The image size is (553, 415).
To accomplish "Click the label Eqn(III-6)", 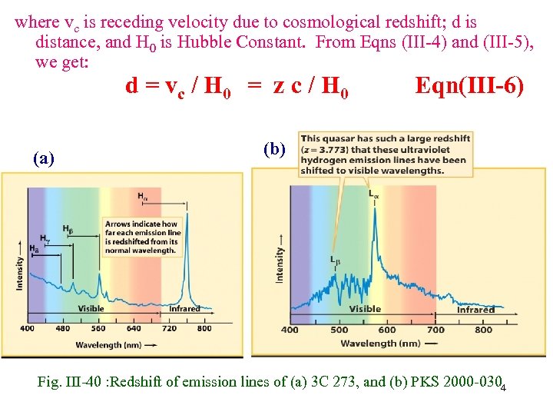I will [469, 87].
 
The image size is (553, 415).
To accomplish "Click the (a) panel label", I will [44, 159].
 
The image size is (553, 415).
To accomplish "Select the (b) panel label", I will [274, 148].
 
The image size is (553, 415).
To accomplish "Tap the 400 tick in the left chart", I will [27, 328].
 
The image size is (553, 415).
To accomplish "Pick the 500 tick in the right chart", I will [339, 330].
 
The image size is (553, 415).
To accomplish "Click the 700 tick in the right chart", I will [435, 330].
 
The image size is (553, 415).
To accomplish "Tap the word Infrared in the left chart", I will [184, 309].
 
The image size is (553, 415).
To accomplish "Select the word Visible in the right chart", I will [365, 309].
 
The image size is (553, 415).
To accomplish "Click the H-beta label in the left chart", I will [68, 228].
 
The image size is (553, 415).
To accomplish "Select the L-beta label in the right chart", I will [336, 260].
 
